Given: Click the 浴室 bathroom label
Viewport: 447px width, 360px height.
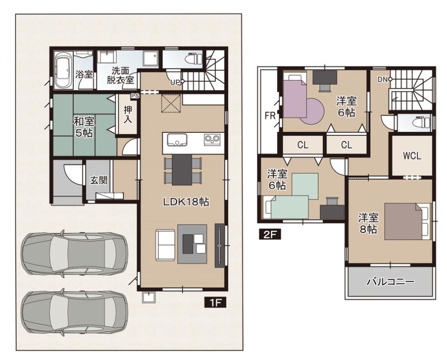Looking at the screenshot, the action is [x=84, y=75].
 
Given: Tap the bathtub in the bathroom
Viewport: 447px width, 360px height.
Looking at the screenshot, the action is [x=62, y=71].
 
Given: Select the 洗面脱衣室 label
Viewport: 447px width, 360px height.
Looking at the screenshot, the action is [x=120, y=75].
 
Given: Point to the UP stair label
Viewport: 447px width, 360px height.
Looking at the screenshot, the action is [x=176, y=83].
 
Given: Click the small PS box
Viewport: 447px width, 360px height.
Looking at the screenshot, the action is [x=135, y=96].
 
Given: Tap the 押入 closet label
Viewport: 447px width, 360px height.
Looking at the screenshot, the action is [x=127, y=115].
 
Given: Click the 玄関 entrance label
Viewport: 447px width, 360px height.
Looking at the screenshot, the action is [x=99, y=180].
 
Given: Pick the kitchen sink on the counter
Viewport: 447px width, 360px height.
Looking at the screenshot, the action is [x=177, y=139].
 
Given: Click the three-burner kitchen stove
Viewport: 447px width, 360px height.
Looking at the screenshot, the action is [x=212, y=139].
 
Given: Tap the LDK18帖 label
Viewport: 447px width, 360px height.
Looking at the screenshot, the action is [x=186, y=202].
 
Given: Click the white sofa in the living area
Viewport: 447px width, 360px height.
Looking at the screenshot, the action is [x=165, y=245].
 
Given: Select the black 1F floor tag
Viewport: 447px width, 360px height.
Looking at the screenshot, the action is [x=215, y=302].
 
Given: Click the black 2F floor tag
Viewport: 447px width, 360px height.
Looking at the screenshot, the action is [x=270, y=235].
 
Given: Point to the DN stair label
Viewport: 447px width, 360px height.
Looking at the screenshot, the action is [x=383, y=80].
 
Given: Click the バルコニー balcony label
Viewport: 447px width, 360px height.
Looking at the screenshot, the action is [x=390, y=282].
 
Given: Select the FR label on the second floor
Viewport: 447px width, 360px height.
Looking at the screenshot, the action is [x=270, y=116].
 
